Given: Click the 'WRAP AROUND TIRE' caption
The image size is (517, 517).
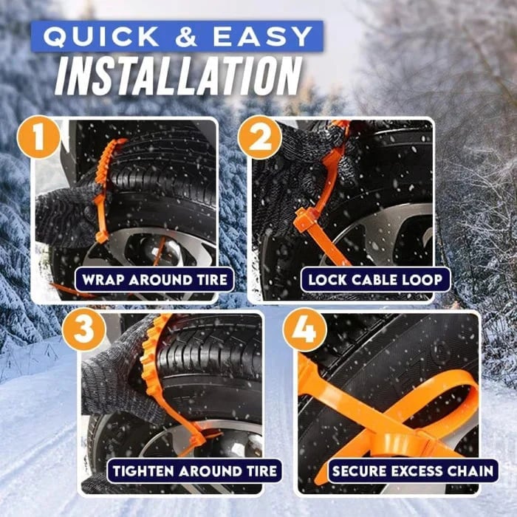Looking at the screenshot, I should pos(154,280).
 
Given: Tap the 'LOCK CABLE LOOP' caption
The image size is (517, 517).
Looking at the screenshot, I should pos(375,280).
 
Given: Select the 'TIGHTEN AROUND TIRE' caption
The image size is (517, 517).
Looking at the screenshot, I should pos(195,470).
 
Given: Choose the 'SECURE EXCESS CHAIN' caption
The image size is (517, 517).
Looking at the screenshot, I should pos(414,470).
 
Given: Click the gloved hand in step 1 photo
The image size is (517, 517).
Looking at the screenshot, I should pos(66,214).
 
